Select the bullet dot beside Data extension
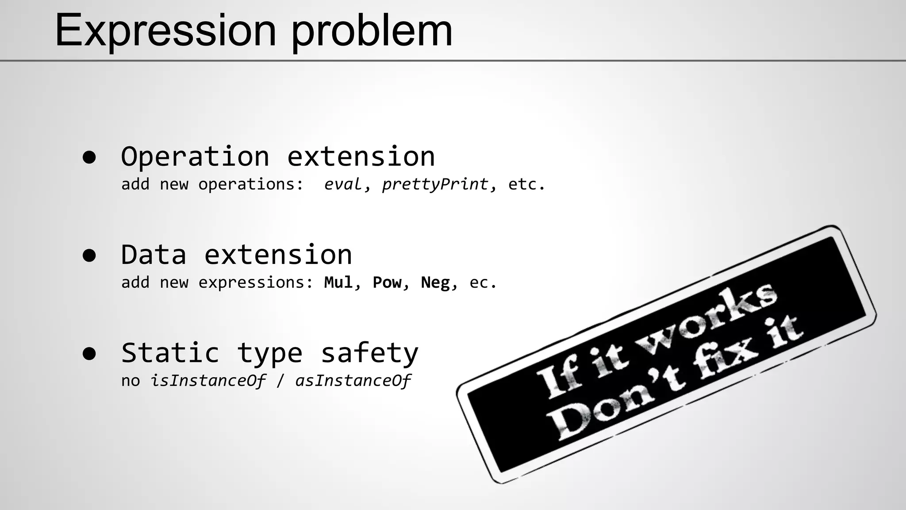pyautogui.click(x=89, y=255)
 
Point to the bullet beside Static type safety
pyautogui.click(x=89, y=353)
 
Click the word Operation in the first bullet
pyautogui.click(x=195, y=157)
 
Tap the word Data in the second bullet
pyautogui.click(x=154, y=255)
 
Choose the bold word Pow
pyautogui.click(x=388, y=282)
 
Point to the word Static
pyautogui.click(x=170, y=353)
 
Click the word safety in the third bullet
pyautogui.click(x=369, y=353)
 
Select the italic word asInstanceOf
pyautogui.click(x=353, y=381)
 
